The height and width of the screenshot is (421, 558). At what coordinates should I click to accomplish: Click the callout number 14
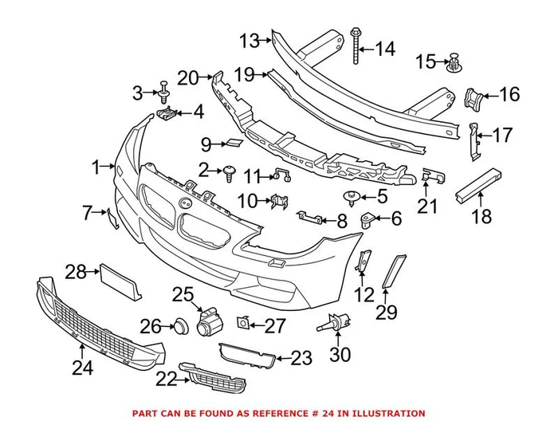coord(384,49)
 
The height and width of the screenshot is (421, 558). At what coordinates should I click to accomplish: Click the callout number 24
coord(82,368)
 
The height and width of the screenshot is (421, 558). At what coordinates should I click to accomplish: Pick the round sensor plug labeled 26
coord(180,325)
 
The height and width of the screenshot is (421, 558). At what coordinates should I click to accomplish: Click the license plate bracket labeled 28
coord(119,282)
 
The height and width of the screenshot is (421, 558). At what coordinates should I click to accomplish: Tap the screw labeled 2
coord(230,170)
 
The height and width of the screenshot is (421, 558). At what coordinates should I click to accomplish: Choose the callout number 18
coord(482,215)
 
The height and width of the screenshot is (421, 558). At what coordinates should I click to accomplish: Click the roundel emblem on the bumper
coord(193,203)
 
